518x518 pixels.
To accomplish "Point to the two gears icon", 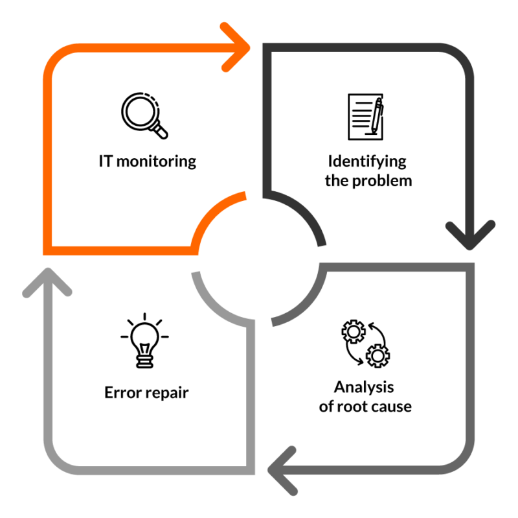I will click(x=365, y=341).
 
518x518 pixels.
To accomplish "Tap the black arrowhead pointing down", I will click(x=470, y=233).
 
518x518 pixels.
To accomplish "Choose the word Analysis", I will click(x=364, y=388).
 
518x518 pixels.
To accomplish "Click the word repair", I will click(x=168, y=393).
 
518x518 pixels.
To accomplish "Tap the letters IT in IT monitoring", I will click(x=106, y=161).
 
